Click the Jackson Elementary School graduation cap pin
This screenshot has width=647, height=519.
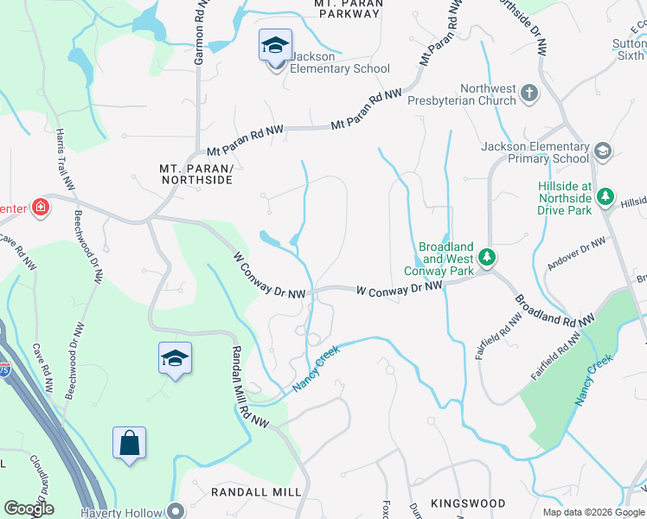275,46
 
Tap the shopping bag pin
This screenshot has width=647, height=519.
129,444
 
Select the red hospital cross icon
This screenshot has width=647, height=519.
39,207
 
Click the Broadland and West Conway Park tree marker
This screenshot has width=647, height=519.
488,257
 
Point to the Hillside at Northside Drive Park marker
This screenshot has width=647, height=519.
606,197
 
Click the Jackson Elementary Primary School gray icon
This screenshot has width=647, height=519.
602,152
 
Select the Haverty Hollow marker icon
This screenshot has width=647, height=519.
176,509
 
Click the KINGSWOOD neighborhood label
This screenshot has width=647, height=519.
468,503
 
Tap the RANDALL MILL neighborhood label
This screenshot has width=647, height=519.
257,491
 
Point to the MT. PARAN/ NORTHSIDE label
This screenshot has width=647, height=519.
196,173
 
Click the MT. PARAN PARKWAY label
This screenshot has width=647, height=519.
348,10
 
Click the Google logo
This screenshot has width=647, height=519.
29,509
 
